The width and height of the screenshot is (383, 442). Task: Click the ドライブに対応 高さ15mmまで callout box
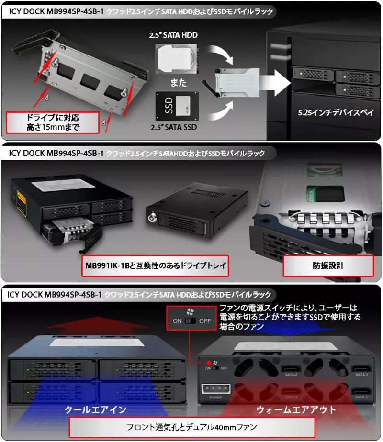(x=52, y=122)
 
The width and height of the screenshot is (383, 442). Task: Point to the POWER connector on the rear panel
(x=212, y=388)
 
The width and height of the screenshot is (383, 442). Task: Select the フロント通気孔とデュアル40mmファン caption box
(x=192, y=427)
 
